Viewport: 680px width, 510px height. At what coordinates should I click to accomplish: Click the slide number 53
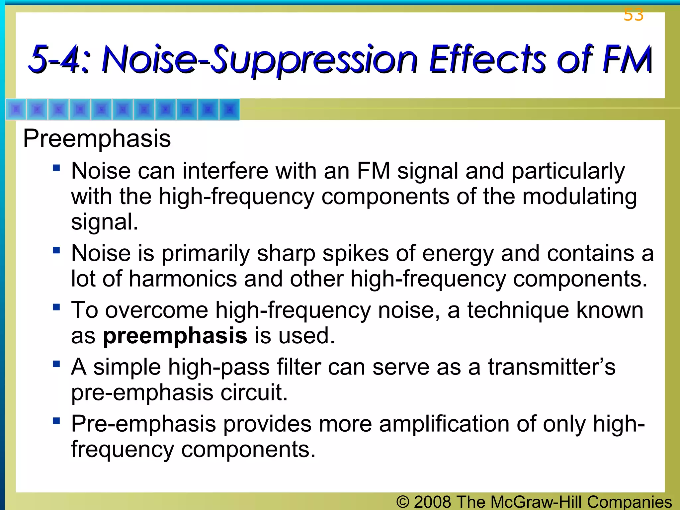click(633, 15)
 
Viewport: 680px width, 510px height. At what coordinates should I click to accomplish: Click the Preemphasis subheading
click(97, 138)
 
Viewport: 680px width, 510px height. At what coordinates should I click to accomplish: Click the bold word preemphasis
click(175, 336)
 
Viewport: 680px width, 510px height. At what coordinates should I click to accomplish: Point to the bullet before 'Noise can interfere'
click(56, 168)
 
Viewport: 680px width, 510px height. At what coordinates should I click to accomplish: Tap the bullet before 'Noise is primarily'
click(56, 250)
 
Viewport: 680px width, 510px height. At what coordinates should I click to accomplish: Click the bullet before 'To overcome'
click(56, 307)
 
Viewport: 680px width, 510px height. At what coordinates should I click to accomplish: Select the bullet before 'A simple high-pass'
click(56, 364)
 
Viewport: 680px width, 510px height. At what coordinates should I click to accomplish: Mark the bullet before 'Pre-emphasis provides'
click(56, 421)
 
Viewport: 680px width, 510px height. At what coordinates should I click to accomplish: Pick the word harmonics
click(183, 279)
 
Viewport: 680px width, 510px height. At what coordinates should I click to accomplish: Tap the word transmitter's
click(552, 367)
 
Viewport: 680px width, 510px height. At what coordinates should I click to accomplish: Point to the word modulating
click(579, 197)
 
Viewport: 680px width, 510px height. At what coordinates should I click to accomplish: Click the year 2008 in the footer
click(432, 502)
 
